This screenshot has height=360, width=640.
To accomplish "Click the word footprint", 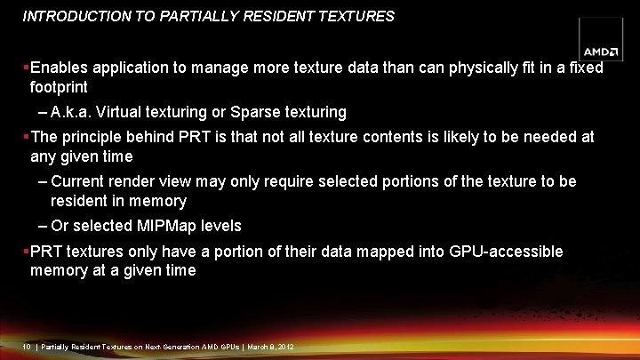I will tap(59, 88).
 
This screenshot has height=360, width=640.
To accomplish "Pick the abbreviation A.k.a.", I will tap(71, 112).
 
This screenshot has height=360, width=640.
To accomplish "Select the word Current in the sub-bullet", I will tap(79, 180).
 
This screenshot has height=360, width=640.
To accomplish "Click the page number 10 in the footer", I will tap(28, 346).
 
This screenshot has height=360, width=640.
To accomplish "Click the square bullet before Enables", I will tap(26, 68).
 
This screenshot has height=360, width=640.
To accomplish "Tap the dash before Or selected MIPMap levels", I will tap(43, 226).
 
